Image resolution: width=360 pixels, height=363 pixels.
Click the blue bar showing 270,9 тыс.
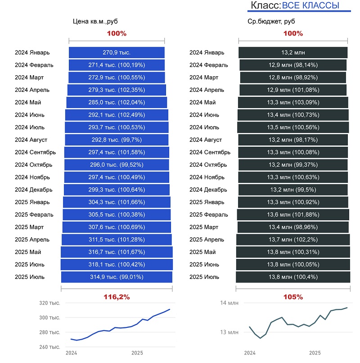[117, 52]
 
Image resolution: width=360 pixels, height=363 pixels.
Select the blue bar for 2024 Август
[117, 140]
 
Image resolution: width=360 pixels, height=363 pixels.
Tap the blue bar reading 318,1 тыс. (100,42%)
[117, 264]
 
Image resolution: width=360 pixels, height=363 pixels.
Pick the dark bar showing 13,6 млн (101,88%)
[293, 214]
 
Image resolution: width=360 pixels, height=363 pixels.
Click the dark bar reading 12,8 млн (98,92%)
[293, 77]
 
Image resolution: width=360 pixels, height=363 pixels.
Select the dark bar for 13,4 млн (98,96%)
[293, 227]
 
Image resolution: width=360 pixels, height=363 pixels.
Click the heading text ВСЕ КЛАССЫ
[310, 5]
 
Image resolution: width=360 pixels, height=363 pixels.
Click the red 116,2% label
[117, 297]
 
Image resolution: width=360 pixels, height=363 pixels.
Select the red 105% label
[293, 297]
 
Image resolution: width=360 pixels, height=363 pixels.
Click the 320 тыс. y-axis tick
[49, 303]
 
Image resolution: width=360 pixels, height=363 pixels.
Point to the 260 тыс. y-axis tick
[49, 347]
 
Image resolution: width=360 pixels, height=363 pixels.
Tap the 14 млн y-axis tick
[229, 303]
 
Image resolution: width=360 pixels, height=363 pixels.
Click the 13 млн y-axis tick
[229, 332]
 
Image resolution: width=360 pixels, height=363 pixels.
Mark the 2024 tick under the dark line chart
[249, 353]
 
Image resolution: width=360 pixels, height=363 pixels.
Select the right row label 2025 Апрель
[207, 239]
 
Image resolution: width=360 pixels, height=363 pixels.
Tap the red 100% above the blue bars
[117, 33]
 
